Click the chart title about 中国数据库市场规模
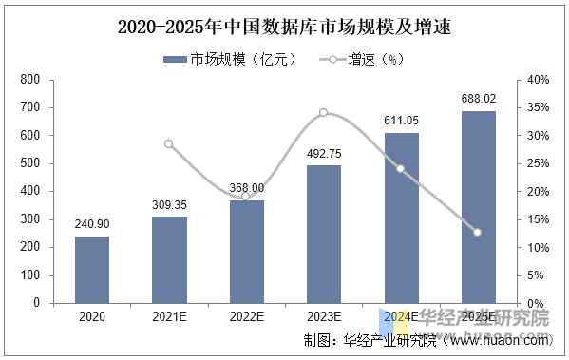[x=283, y=28]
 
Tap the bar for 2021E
[x=169, y=260]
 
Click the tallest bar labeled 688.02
[x=478, y=207]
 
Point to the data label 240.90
[x=91, y=224]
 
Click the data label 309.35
[x=169, y=204]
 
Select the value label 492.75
[x=324, y=153]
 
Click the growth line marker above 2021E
[x=169, y=144]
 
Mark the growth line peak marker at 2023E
[x=324, y=113]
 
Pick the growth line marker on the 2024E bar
[x=401, y=169]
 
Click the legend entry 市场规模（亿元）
[x=231, y=59]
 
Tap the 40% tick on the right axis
[x=538, y=80]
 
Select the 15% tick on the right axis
[x=538, y=219]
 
